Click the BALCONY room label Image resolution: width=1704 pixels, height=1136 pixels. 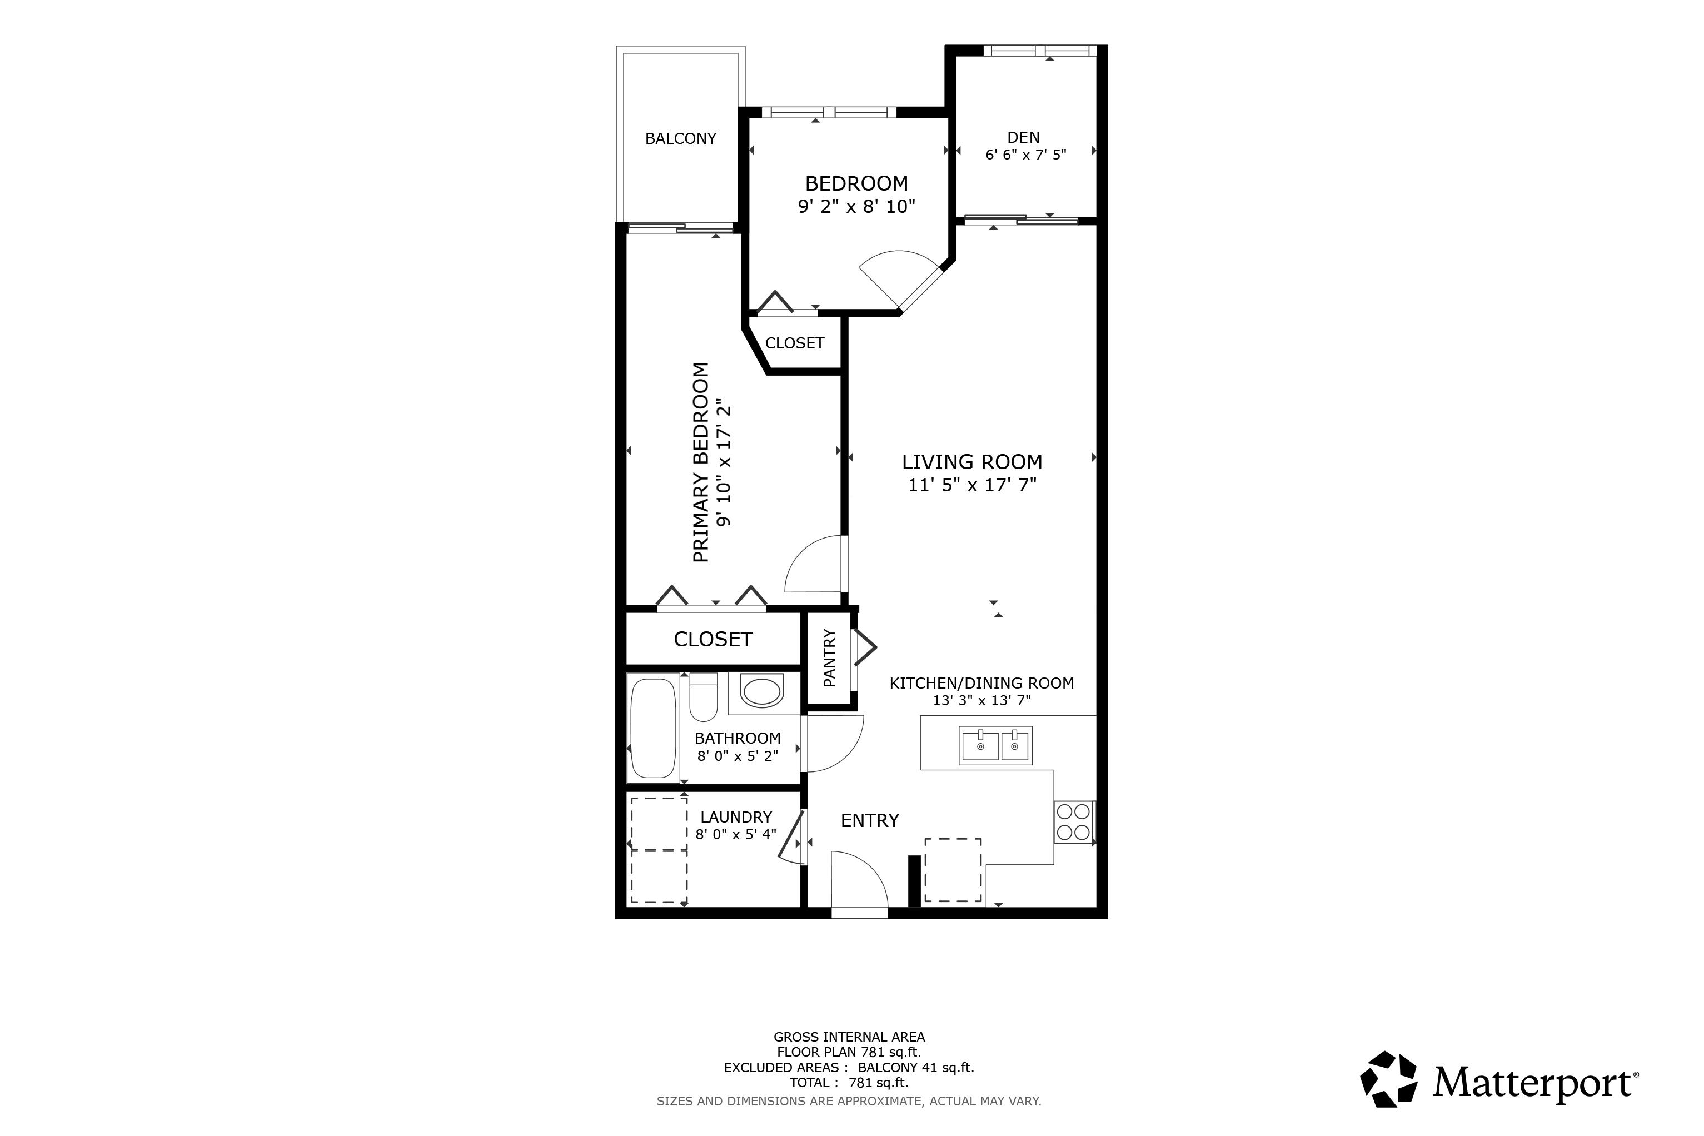680,138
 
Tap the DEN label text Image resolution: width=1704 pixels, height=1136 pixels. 1023,137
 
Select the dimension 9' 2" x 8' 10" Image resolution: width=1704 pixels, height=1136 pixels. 856,207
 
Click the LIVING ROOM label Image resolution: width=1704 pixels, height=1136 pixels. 971,461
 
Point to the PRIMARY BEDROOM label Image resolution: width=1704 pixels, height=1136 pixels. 701,462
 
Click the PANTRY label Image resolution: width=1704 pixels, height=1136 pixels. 830,658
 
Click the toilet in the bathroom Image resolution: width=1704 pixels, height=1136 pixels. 702,696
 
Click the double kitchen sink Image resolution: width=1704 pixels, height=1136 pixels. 995,745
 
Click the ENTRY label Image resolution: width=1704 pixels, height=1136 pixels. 869,820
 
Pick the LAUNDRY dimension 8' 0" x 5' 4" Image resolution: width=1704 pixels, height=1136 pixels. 736,834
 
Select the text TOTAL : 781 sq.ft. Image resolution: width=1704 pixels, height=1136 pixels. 848,1083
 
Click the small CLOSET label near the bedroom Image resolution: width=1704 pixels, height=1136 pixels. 795,343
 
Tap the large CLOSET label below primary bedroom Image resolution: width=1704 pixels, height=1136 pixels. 713,639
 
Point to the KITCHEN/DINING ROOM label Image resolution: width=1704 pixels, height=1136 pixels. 981,682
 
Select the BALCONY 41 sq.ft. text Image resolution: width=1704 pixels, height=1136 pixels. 916,1067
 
